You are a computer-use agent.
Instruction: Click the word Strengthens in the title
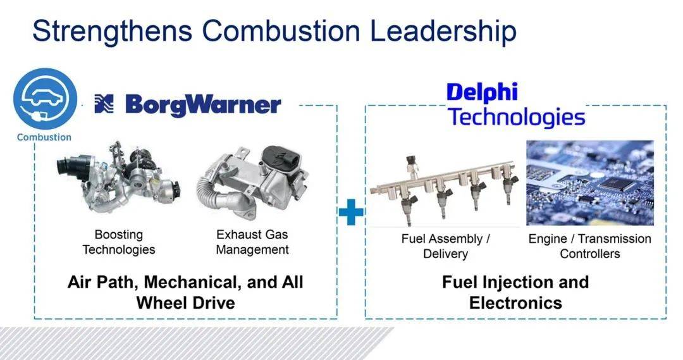[113, 32]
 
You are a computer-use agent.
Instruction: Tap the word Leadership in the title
[443, 32]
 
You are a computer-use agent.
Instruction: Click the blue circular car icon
[45, 99]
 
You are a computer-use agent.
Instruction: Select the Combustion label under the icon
[44, 137]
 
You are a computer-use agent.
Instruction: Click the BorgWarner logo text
[203, 105]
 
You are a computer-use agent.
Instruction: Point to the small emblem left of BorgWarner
[104, 104]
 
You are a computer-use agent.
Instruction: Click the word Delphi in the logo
[482, 93]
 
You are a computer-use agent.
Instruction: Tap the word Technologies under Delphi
[517, 117]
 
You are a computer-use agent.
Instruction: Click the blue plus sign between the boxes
[351, 212]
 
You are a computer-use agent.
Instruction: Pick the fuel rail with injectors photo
[445, 191]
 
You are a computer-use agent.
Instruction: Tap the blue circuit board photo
[590, 183]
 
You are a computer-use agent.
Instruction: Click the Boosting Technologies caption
[119, 242]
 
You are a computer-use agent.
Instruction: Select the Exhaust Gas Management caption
[252, 242]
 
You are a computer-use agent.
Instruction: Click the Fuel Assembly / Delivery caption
[446, 246]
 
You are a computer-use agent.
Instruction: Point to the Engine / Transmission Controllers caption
[590, 246]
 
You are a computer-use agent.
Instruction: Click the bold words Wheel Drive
[185, 302]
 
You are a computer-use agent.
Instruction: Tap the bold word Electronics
[516, 302]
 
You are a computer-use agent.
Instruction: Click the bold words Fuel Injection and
[515, 282]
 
